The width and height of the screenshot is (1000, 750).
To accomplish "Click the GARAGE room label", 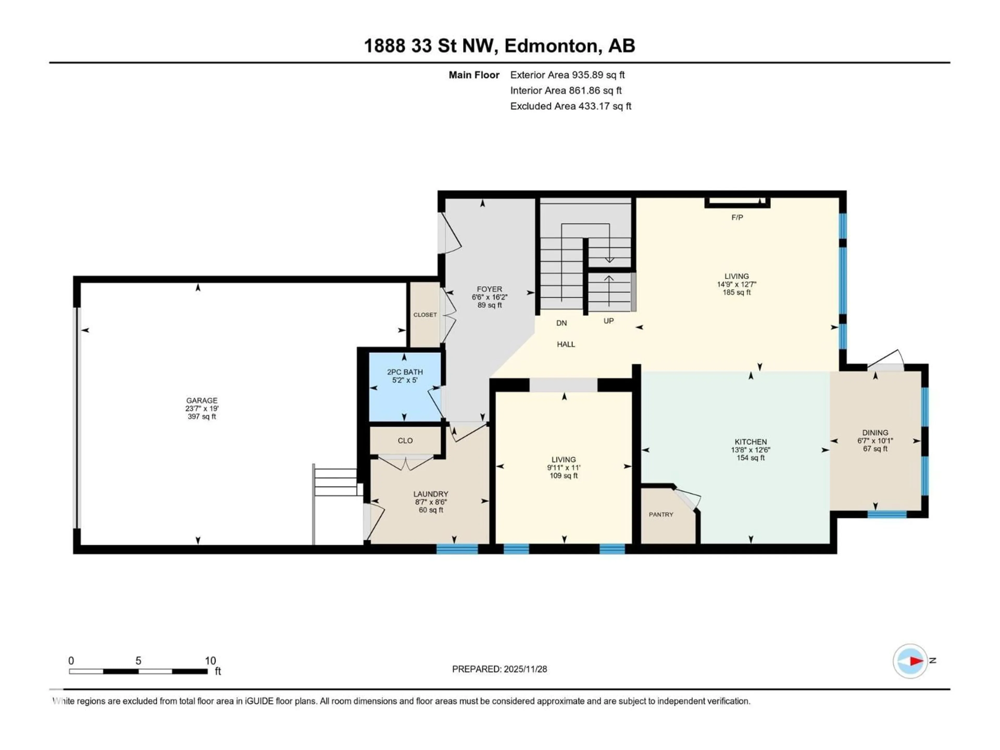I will click(x=202, y=400).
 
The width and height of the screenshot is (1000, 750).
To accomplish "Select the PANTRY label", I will click(x=661, y=515).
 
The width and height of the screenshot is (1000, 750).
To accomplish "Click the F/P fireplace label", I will click(x=737, y=217).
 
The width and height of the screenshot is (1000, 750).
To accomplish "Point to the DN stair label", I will click(x=561, y=323).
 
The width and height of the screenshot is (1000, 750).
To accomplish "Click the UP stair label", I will click(x=609, y=321).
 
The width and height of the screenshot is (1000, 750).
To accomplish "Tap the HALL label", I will click(x=566, y=345).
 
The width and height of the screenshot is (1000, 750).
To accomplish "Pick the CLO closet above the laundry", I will click(x=405, y=440).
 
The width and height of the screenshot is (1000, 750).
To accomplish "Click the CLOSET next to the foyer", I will click(x=425, y=315).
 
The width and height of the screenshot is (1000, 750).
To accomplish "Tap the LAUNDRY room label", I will click(x=430, y=494).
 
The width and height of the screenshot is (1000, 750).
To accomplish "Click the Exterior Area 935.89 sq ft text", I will click(x=567, y=75).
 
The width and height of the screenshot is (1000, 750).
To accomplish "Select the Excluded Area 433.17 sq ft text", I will click(x=571, y=106).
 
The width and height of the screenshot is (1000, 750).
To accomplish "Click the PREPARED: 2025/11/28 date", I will click(x=499, y=669).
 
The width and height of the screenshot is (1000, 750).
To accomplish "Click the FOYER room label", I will click(x=489, y=289).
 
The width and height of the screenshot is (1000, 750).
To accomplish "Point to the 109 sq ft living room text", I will click(x=564, y=476).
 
